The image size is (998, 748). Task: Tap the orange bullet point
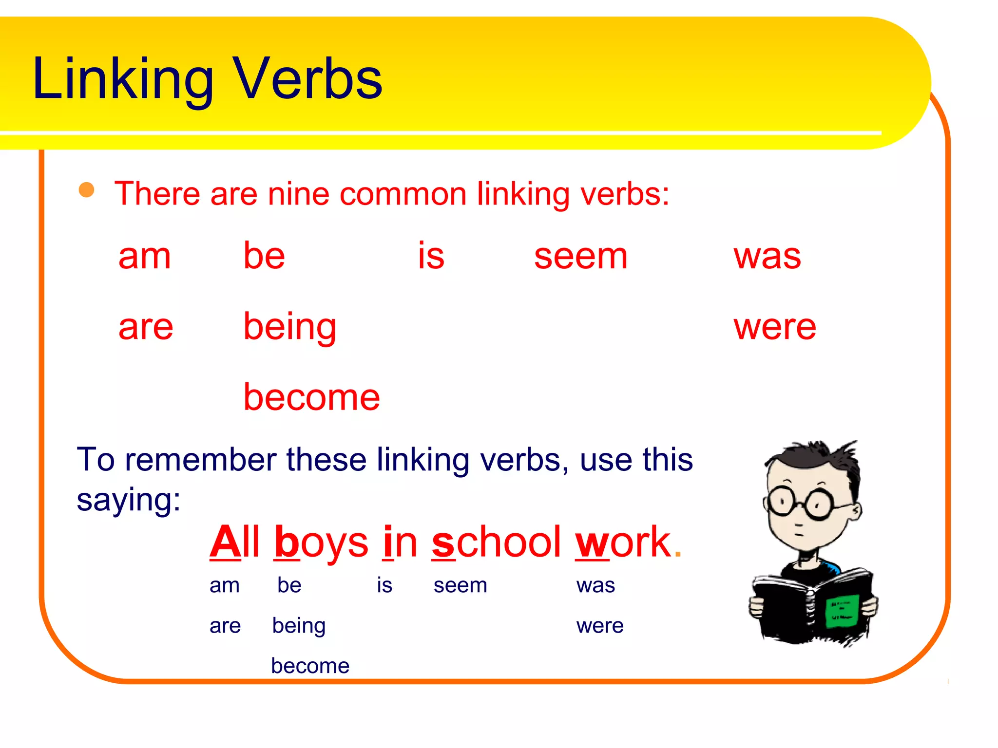[x=87, y=190]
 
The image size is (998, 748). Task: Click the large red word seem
[x=580, y=256]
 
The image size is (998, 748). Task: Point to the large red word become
[x=311, y=397]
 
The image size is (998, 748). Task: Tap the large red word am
[x=145, y=256]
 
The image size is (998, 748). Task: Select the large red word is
[x=431, y=256]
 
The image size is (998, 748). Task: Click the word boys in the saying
[x=322, y=542]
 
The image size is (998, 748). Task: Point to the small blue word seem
[x=460, y=585]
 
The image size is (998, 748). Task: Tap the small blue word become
[x=310, y=666]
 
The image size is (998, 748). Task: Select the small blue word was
[x=595, y=585]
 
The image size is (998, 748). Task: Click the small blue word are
[x=225, y=626]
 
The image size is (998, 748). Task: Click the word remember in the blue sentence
[x=201, y=460]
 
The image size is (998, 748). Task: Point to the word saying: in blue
[x=129, y=500]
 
